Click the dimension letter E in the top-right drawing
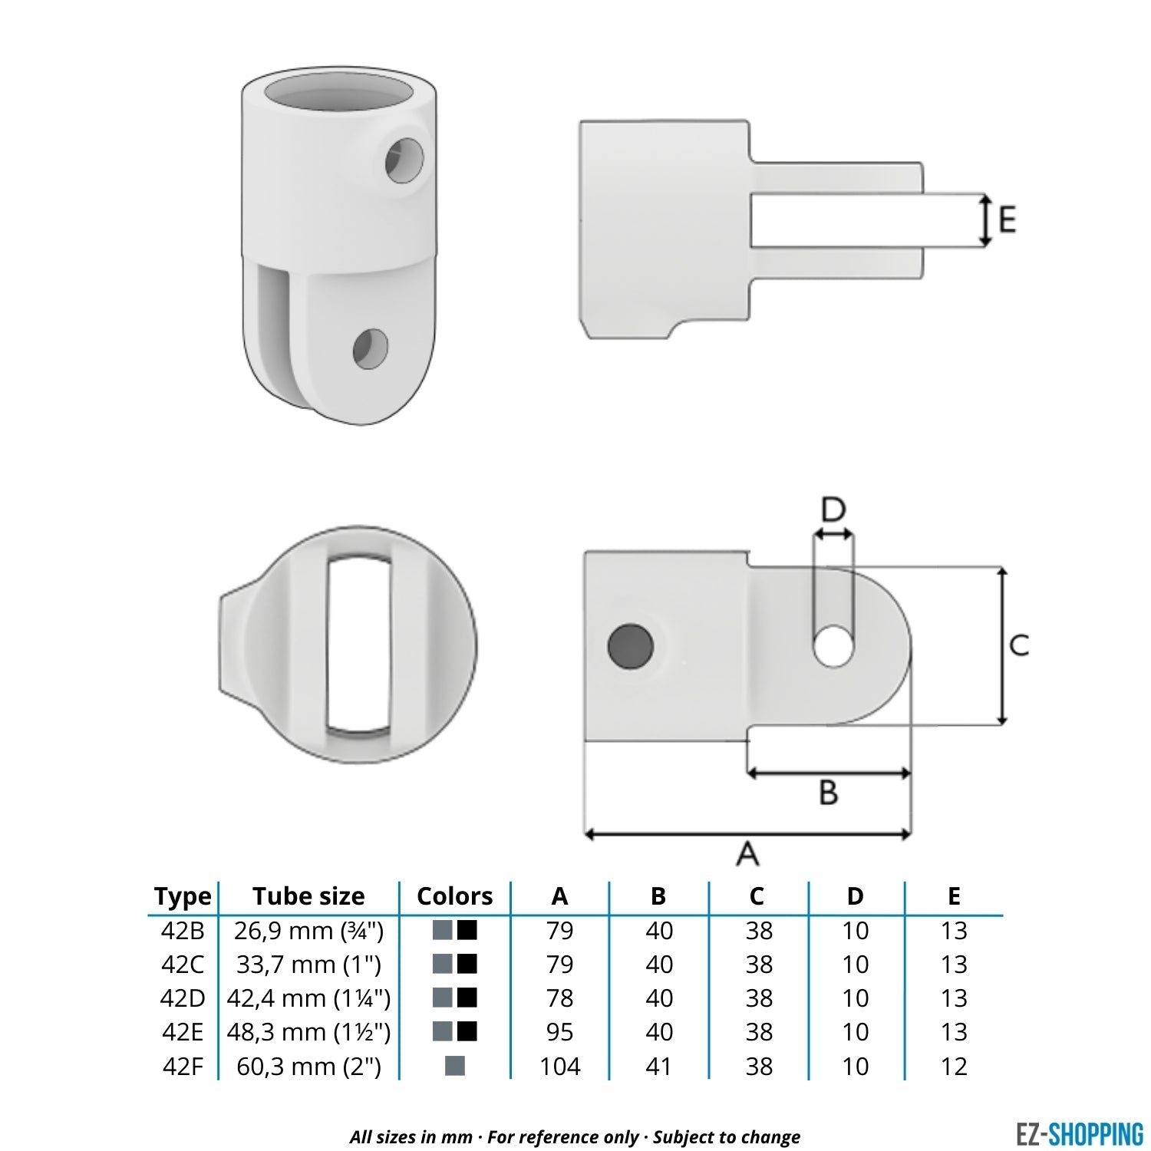point(1007,220)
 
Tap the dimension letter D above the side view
point(833,510)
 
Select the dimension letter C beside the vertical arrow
point(1019,645)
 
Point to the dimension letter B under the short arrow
point(829,792)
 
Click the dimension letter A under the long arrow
point(747,853)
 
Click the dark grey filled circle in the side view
point(630,646)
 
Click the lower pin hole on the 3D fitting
point(371,348)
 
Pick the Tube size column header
point(308,896)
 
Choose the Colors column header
point(454,896)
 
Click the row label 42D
point(183,998)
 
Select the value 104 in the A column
point(560,1066)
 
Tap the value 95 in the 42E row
point(560,1032)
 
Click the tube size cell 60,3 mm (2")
point(308,1066)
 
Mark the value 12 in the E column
point(954,1066)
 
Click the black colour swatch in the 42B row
point(467,930)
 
